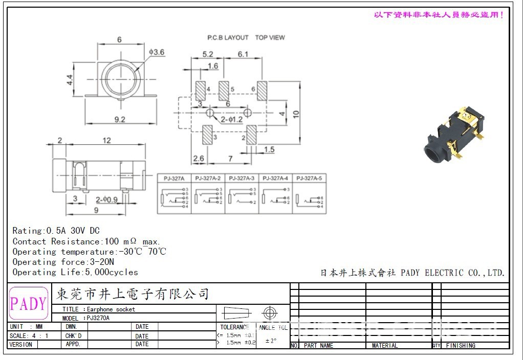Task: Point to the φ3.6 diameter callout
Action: point(156,52)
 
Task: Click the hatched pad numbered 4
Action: point(200,91)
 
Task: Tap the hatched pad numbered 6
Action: point(263,91)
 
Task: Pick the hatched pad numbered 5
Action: point(224,91)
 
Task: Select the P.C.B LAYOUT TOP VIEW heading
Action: point(246,37)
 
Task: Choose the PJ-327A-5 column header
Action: point(309,178)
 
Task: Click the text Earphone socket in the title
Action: point(111,309)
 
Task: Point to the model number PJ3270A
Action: point(98,318)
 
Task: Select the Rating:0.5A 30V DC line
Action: point(56,231)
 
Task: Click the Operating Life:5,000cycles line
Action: point(75,272)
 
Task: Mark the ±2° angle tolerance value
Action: point(271,340)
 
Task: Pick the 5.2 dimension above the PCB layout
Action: point(208,54)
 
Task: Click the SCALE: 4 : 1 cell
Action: point(29,335)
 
